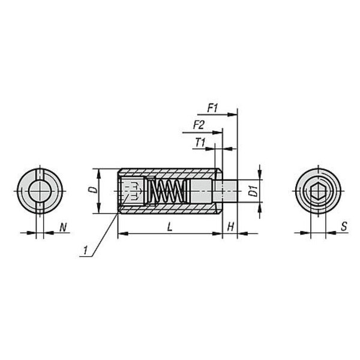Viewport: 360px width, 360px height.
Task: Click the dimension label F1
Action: click(x=212, y=108)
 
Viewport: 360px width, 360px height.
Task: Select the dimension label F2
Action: click(x=199, y=125)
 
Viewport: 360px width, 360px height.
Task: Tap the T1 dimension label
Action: click(x=200, y=143)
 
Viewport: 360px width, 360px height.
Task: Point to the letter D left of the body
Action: click(x=93, y=190)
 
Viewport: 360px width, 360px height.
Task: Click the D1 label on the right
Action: click(x=253, y=191)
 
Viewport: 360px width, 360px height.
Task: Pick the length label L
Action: click(x=169, y=227)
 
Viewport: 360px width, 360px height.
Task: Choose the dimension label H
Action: click(x=230, y=227)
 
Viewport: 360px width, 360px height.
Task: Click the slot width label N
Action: click(x=63, y=227)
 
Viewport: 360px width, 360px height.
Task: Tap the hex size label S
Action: click(x=344, y=227)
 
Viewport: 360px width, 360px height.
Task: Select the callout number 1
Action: click(x=85, y=250)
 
